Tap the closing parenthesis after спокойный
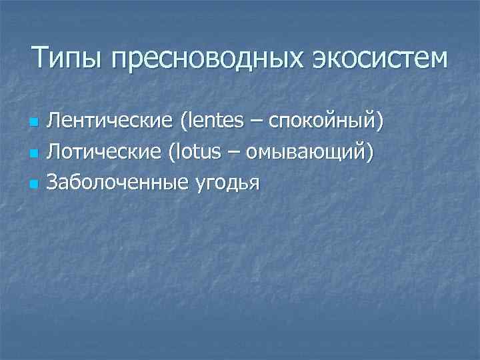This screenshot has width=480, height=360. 381,123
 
